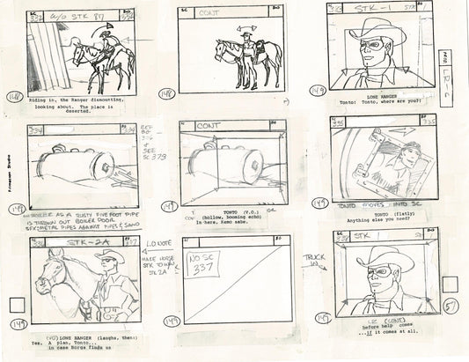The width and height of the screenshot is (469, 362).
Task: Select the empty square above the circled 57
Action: coord(451,284)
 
